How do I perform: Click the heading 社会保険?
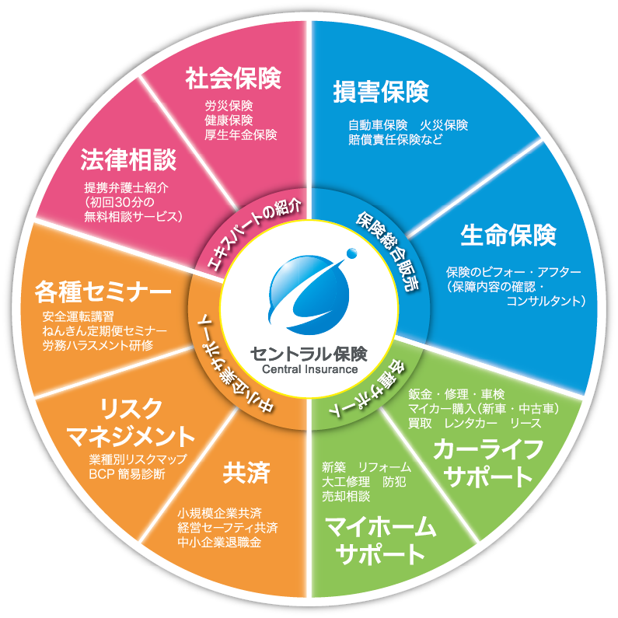(233, 79)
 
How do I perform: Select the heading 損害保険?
(381, 92)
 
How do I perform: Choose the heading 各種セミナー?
(103, 292)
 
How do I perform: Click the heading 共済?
(246, 472)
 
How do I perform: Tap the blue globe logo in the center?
(310, 292)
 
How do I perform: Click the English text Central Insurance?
(309, 369)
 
